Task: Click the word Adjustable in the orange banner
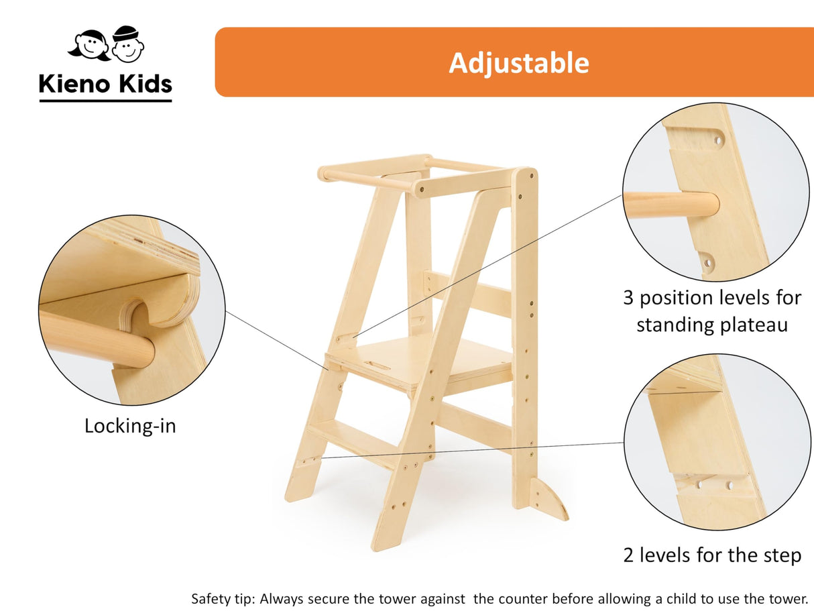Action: pos(518,62)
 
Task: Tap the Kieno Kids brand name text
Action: pos(105,84)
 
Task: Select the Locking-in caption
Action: pos(130,426)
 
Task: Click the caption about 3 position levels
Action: pos(711,311)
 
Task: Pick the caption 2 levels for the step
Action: pos(712,555)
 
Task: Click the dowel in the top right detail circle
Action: pos(671,205)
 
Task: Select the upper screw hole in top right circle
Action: pos(718,142)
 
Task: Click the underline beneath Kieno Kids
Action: pos(105,101)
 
